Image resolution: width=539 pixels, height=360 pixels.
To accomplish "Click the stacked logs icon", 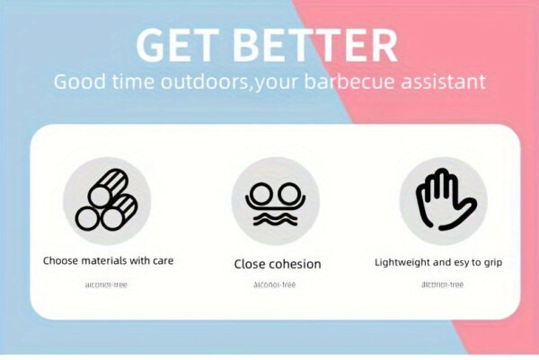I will tap(107, 200).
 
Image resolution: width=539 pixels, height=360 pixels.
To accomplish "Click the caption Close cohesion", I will tap(277, 264).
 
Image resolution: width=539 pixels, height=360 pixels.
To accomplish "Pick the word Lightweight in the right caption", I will tap(406, 262).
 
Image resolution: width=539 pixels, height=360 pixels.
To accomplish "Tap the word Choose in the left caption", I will tap(62, 261).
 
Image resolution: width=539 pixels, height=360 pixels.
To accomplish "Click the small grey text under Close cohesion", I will tap(276, 285).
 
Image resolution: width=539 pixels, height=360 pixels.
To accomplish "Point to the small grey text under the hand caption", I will tap(442, 285).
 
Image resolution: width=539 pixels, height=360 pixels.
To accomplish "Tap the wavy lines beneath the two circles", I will tap(276, 218).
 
